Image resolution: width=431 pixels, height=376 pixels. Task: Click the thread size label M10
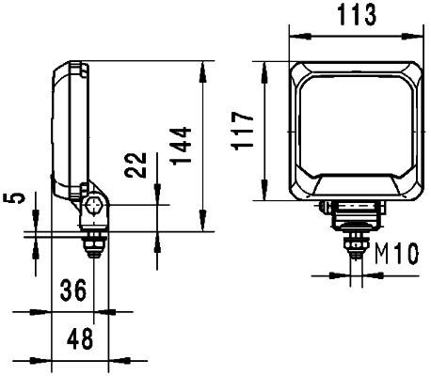(395, 254)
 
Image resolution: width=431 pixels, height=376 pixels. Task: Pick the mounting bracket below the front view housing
(356, 214)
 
